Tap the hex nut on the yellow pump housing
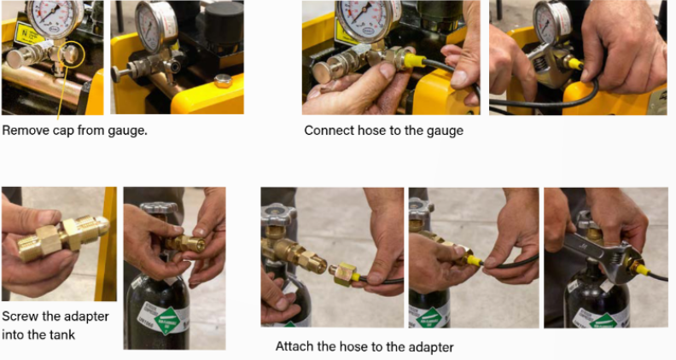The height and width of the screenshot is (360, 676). (x=223, y=81)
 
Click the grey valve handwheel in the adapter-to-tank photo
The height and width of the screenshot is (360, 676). (x=158, y=208)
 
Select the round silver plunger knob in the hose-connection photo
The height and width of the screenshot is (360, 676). (x=323, y=73)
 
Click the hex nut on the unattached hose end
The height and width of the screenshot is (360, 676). (x=343, y=274)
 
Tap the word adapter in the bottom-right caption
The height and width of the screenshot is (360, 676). (x=431, y=347)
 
